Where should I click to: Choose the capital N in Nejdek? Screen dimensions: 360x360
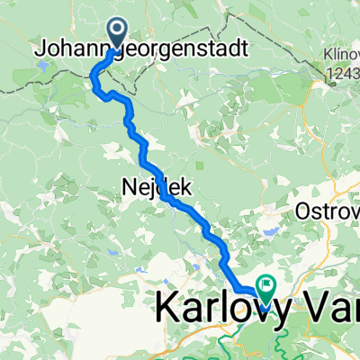(x=127, y=186)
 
